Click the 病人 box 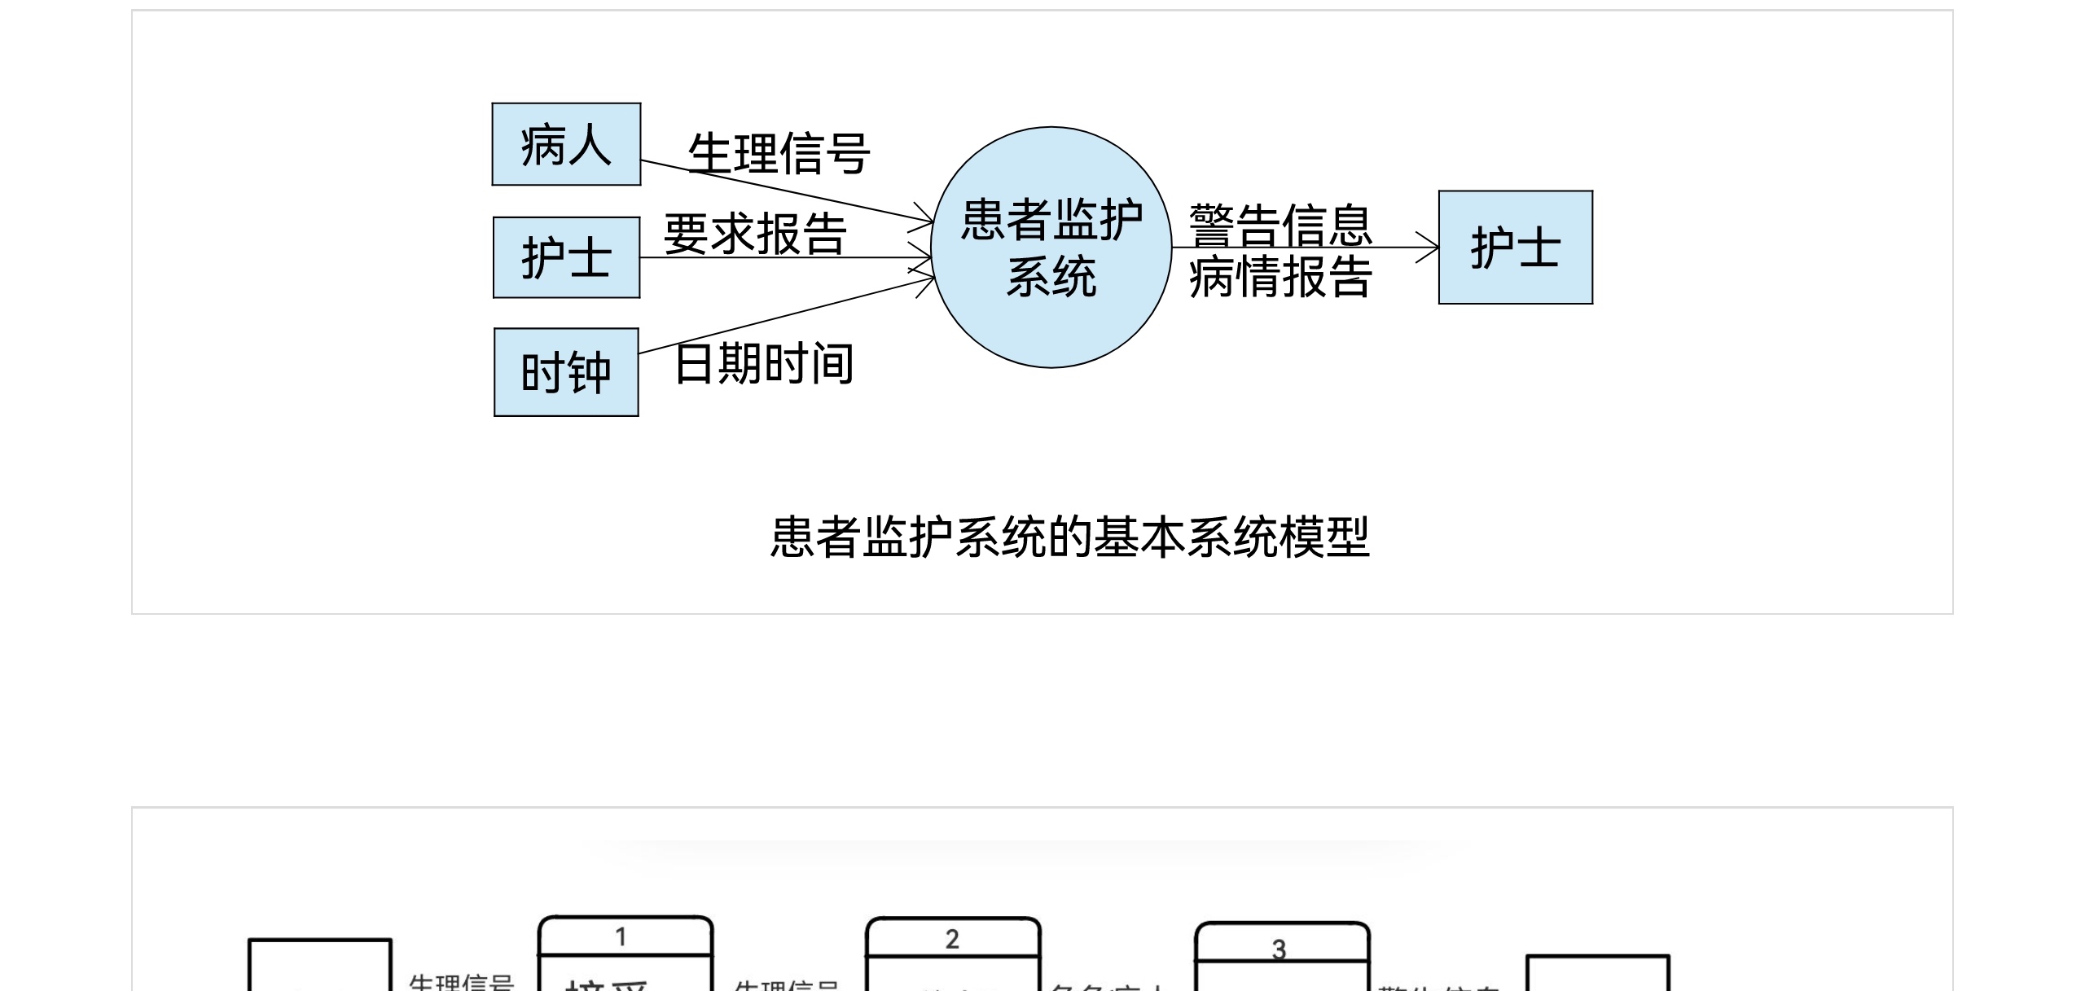pyautogui.click(x=566, y=144)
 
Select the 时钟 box pyautogui.click(x=566, y=372)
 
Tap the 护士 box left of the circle pyautogui.click(x=566, y=257)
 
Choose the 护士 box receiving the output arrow pyautogui.click(x=1515, y=248)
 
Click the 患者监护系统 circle pyautogui.click(x=1051, y=247)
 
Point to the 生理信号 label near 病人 pyautogui.click(x=779, y=153)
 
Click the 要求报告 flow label pyautogui.click(x=755, y=234)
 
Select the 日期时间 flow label pyautogui.click(x=764, y=363)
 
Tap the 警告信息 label pyautogui.click(x=1280, y=224)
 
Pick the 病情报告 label pyautogui.click(x=1280, y=277)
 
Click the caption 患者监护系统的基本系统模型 pyautogui.click(x=1069, y=537)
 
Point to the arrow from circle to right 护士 pyautogui.click(x=1303, y=248)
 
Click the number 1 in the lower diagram pyautogui.click(x=621, y=937)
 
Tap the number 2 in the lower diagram pyautogui.click(x=952, y=940)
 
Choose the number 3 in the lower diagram pyautogui.click(x=1280, y=949)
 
